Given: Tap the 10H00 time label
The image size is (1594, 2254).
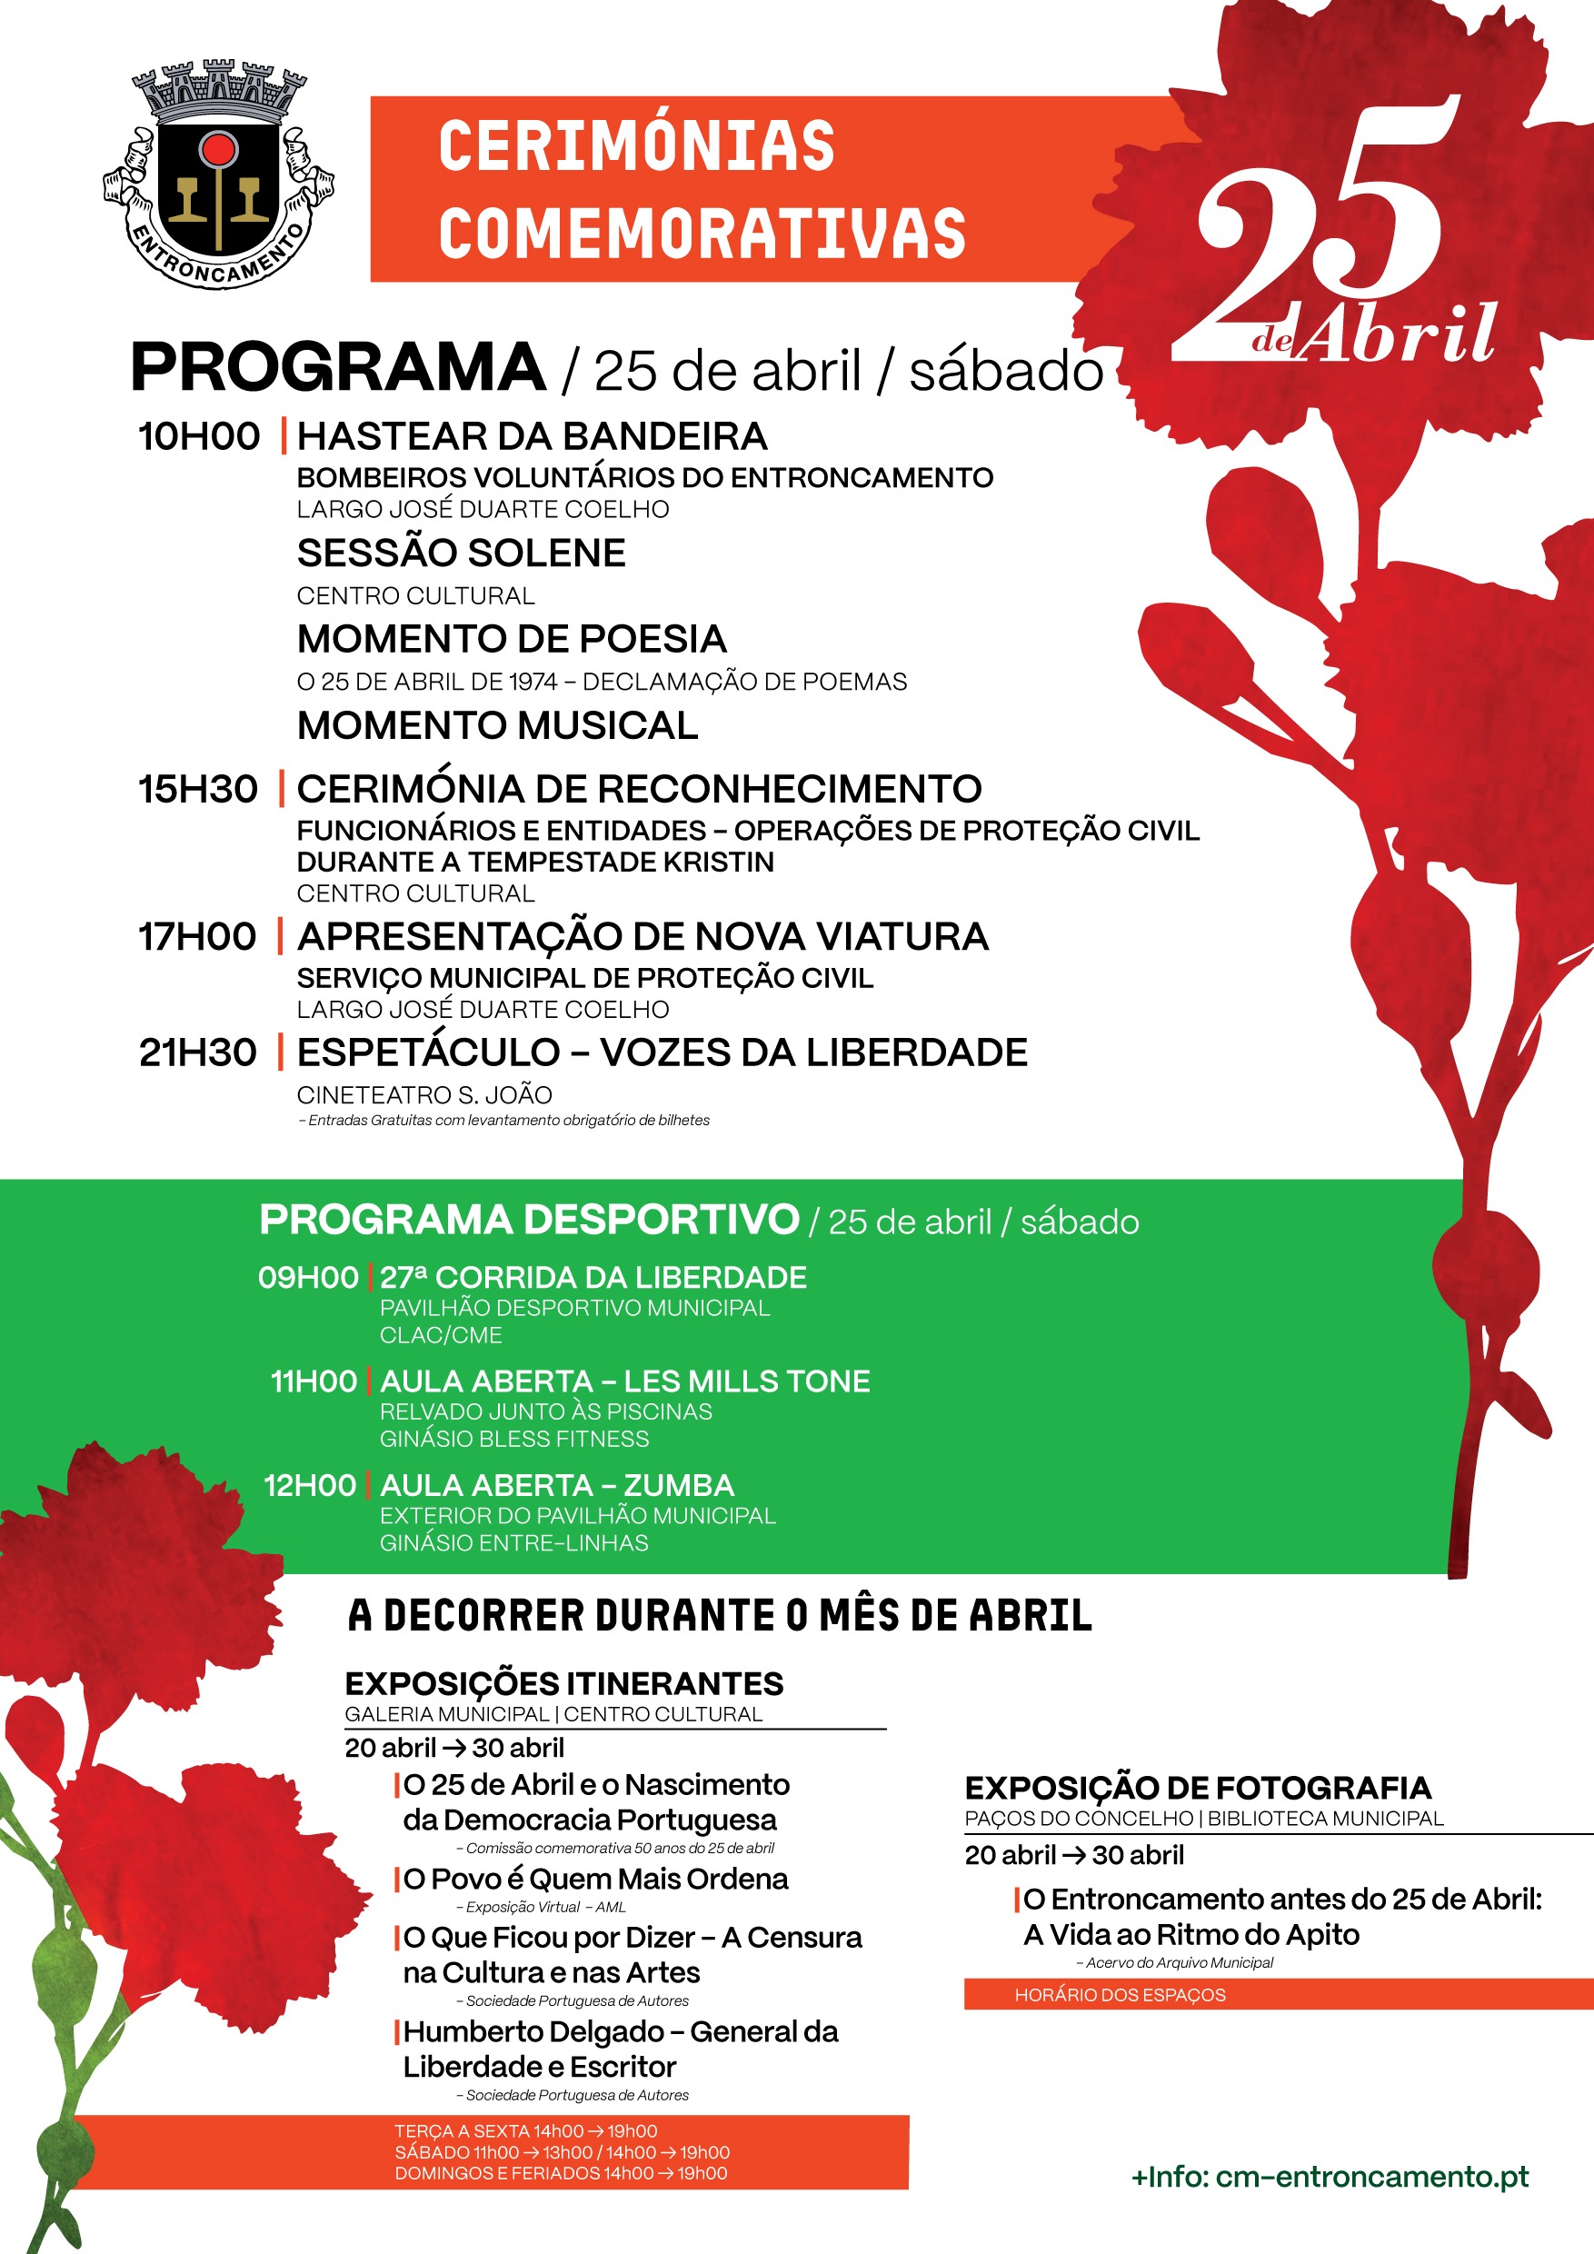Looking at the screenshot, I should pos(199,437).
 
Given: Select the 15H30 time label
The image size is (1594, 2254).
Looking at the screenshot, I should pos(198,789).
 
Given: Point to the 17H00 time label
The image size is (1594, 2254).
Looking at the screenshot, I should pos(197,936).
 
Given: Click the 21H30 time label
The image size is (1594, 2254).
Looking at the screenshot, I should pos(198,1052).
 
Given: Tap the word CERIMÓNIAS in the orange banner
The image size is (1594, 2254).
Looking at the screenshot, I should pos(636,147).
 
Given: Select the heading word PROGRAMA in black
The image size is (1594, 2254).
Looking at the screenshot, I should pos(339,368).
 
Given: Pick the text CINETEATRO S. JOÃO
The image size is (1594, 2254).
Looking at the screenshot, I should pos(424,1094).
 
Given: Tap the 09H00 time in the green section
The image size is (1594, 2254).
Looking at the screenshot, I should pos(308,1277).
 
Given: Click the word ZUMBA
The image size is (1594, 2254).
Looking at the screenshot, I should pos(678,1485).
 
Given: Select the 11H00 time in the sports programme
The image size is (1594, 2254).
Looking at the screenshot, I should pos(314,1381).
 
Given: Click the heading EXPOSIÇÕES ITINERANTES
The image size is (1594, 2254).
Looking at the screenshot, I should pos(563,1683).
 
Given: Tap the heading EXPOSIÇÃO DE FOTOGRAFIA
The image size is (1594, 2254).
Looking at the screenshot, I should pos(1198,1788).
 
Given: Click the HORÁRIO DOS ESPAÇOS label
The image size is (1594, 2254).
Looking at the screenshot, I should pos(1120,1995).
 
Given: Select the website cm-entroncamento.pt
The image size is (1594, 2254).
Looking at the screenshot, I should pos(1372,2177).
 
